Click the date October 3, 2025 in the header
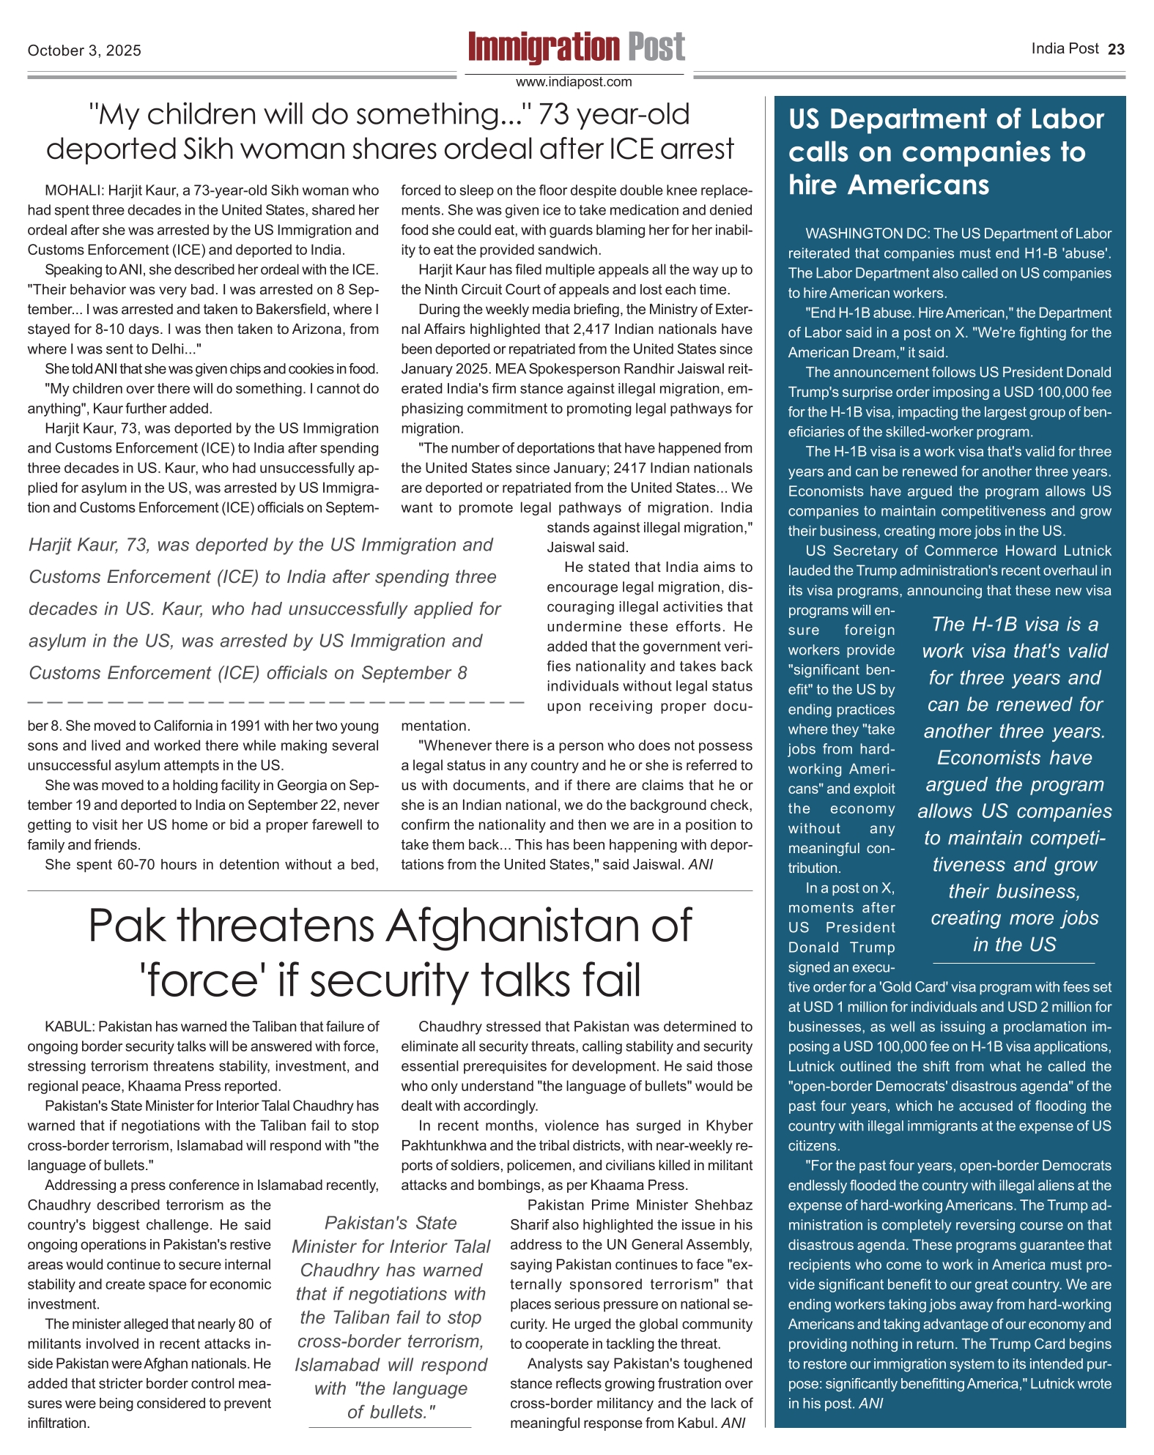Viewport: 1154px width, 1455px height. (84, 51)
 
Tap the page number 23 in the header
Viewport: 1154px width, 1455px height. (1116, 49)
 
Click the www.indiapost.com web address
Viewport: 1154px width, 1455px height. (574, 82)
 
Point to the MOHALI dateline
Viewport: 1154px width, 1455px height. (74, 190)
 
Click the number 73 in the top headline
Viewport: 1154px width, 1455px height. (555, 114)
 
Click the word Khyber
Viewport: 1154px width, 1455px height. (729, 1125)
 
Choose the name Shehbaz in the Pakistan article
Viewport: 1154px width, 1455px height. (724, 1205)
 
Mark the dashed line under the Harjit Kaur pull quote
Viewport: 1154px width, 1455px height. (275, 702)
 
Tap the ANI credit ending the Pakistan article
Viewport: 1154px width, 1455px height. (733, 1423)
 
